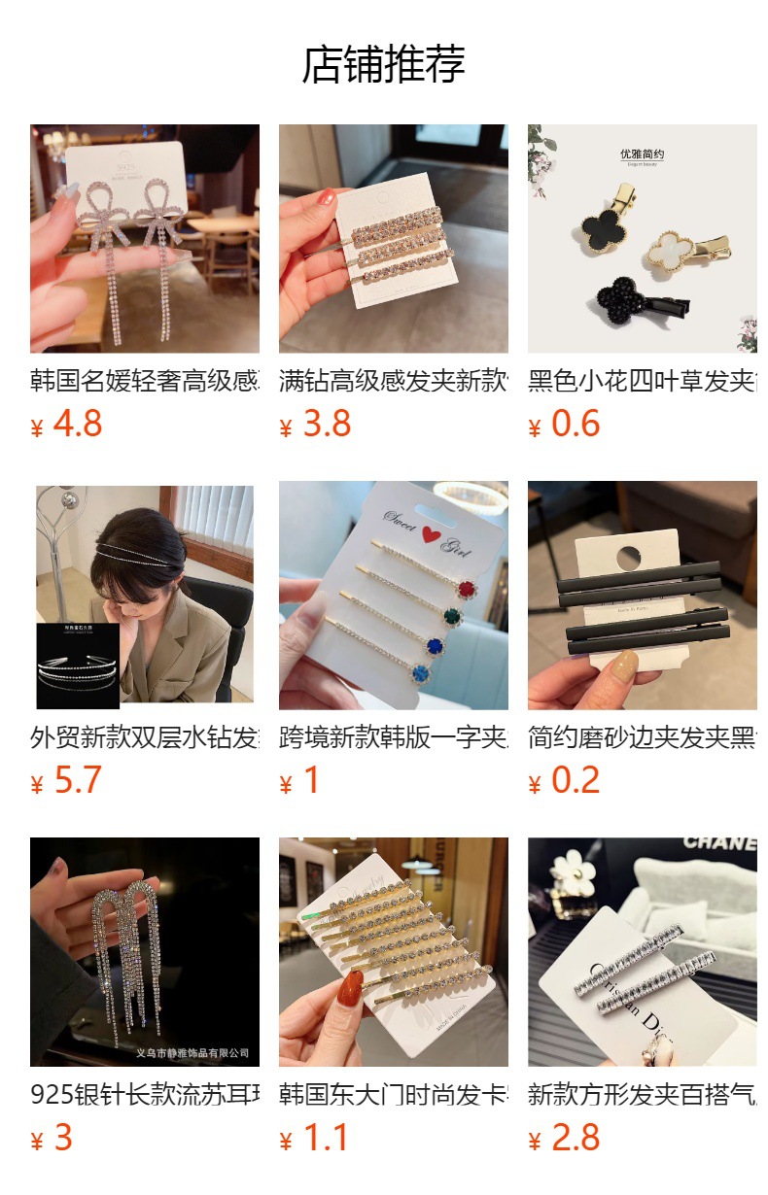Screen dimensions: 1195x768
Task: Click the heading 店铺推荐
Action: (x=384, y=64)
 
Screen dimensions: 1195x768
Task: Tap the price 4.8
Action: (x=77, y=424)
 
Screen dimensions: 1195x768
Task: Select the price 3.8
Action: (x=326, y=424)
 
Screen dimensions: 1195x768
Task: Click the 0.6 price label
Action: (x=575, y=424)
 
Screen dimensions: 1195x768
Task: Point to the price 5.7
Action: (x=77, y=780)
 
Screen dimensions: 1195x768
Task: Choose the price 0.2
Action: (x=575, y=780)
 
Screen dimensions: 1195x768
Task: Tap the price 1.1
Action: (x=326, y=1138)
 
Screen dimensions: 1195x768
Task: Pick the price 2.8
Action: (x=575, y=1138)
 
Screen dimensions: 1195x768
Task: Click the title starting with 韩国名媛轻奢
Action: (x=145, y=380)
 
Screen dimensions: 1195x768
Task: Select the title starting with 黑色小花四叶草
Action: (x=643, y=380)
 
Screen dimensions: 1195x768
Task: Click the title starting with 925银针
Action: (x=145, y=1094)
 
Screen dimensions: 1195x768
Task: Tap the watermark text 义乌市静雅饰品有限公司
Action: (x=192, y=1052)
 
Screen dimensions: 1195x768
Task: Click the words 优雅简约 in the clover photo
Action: (x=643, y=154)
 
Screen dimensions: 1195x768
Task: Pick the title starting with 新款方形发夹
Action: (x=643, y=1094)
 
